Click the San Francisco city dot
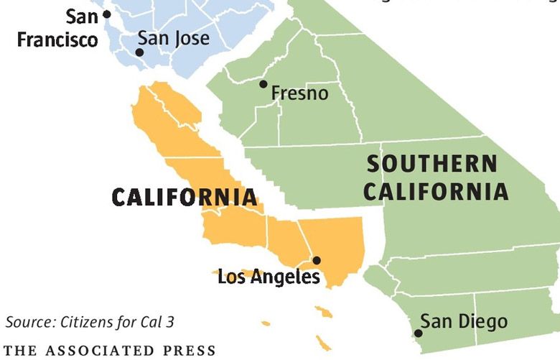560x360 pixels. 107,14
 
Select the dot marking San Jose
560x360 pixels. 139,52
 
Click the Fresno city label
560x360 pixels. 299,93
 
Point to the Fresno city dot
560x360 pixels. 263,84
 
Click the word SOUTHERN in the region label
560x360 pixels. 431,164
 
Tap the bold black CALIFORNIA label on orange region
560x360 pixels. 184,198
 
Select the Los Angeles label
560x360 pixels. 269,277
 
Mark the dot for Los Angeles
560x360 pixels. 317,260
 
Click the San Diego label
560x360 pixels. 463,321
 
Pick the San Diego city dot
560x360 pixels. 419,333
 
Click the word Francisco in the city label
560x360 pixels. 57,39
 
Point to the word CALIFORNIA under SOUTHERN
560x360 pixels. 438,192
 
